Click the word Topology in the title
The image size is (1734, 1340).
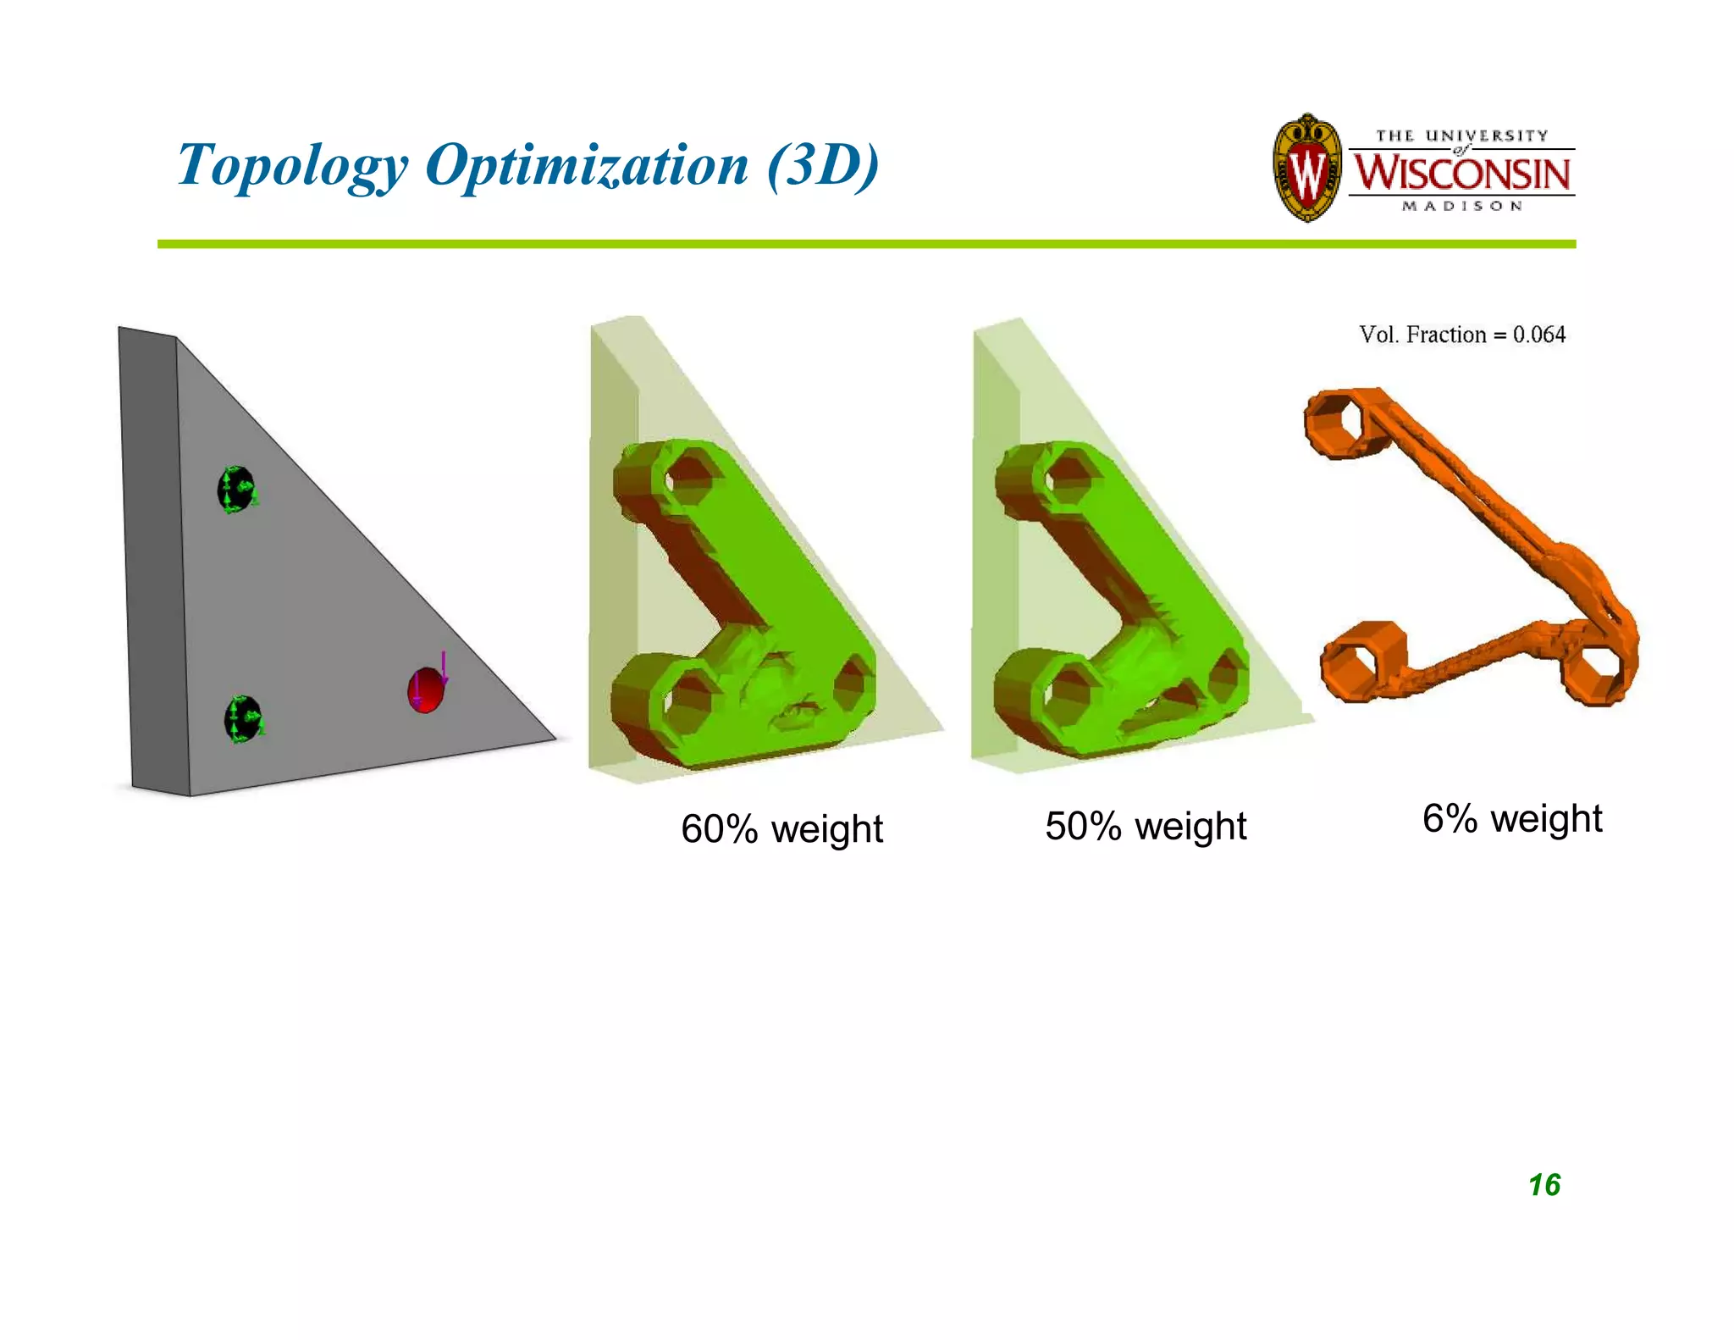tap(292, 164)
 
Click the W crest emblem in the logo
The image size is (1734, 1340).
tap(1306, 169)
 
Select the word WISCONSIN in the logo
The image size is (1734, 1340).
tap(1461, 173)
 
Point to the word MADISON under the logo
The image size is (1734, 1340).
tap(1462, 206)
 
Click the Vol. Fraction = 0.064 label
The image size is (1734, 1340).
tap(1462, 335)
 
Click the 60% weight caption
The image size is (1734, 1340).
tap(781, 828)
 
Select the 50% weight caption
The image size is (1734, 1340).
tap(1146, 826)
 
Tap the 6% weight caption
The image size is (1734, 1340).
tap(1512, 818)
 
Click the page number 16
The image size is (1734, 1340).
tap(1544, 1185)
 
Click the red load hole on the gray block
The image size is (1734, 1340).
tap(425, 691)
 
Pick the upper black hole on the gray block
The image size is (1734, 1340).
tap(236, 489)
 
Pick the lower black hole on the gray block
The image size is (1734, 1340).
tap(243, 719)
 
